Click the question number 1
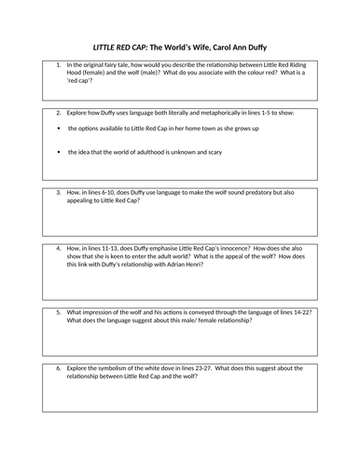click(58, 63)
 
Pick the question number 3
click(58, 192)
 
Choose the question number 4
click(58, 249)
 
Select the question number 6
click(58, 367)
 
